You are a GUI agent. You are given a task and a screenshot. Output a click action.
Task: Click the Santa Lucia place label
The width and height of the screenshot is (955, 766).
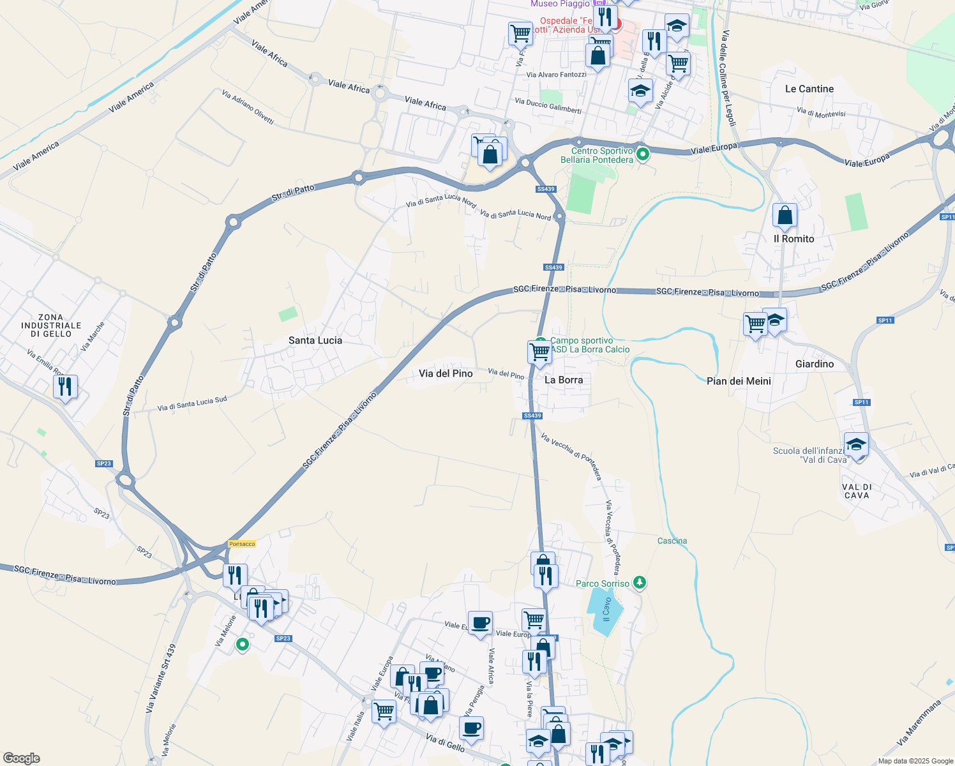tap(315, 340)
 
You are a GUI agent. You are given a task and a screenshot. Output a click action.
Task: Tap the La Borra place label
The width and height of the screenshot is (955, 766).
tap(564, 380)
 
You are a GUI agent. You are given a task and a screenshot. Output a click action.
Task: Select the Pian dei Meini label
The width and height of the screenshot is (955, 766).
tap(739, 381)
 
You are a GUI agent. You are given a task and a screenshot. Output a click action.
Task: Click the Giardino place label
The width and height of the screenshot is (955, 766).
tap(815, 364)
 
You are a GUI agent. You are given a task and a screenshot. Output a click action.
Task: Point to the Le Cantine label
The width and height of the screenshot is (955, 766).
tap(809, 89)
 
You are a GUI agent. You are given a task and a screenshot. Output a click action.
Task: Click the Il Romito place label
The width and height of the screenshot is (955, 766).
tap(794, 239)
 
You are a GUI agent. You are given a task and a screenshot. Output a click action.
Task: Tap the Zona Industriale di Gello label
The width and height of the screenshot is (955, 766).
tap(51, 326)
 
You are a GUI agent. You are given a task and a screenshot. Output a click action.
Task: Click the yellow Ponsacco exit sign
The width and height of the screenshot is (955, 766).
tap(242, 544)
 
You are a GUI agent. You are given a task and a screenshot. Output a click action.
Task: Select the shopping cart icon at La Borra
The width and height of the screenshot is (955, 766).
tap(540, 352)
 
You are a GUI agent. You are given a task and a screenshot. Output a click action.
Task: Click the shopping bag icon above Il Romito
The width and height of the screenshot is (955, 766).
tap(785, 216)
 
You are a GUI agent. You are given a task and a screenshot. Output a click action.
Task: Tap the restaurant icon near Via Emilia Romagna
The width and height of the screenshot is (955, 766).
tap(65, 386)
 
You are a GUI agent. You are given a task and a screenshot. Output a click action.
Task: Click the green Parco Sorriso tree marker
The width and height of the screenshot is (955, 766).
tap(640, 583)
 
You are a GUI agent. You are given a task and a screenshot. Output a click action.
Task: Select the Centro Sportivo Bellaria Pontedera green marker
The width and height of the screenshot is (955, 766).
tap(643, 154)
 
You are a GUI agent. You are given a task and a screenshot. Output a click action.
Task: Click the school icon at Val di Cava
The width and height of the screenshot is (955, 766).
tap(856, 444)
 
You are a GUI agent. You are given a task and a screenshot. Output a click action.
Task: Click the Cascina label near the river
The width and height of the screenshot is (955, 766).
tap(672, 541)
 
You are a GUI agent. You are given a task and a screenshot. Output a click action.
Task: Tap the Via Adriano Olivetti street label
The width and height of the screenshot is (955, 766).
tap(248, 107)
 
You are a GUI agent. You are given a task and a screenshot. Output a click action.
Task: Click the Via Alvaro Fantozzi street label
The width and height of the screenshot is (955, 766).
tap(556, 75)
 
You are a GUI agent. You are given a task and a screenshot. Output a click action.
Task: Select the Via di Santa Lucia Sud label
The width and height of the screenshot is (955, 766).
tap(192, 404)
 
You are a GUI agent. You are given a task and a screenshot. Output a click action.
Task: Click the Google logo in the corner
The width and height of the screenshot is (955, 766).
tap(21, 758)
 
